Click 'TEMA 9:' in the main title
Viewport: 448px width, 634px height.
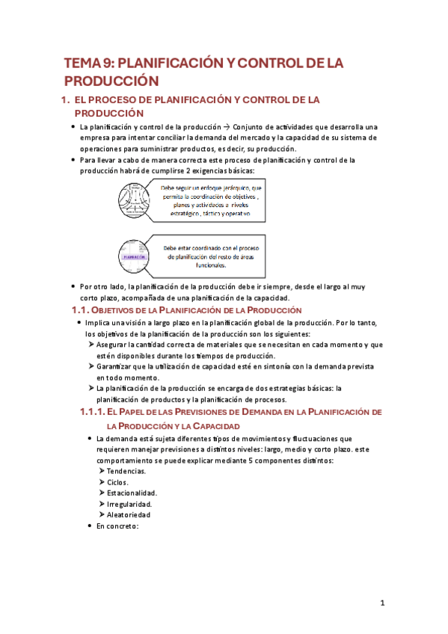pos(88,64)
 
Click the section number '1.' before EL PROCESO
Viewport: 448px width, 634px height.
pos(65,99)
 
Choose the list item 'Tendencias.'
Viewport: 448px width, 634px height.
pos(126,472)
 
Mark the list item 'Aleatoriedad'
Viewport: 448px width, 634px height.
pos(129,515)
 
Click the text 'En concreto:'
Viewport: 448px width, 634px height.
pos(118,526)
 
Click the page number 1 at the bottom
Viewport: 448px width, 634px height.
pos(382,603)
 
